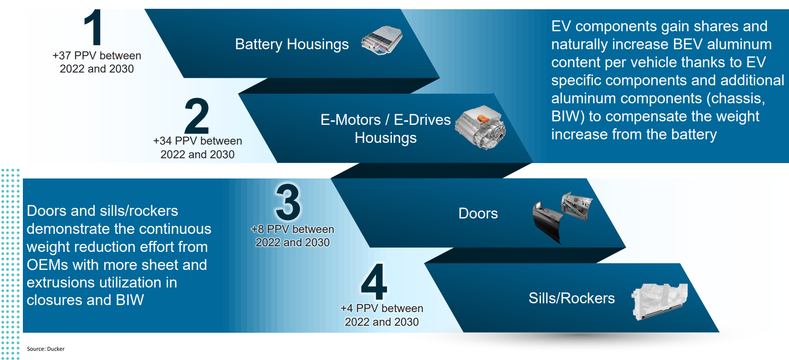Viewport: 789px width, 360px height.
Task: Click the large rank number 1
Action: pyautogui.click(x=93, y=27)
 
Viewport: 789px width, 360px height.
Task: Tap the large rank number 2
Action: pyautogui.click(x=197, y=116)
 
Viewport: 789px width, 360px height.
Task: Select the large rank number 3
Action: pyautogui.click(x=288, y=202)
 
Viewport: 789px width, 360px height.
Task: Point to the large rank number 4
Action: pyautogui.click(x=374, y=281)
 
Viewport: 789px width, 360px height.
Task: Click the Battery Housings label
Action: pyautogui.click(x=292, y=44)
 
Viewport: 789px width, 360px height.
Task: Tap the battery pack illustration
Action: pyautogui.click(x=381, y=40)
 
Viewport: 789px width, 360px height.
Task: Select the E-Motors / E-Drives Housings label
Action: pyautogui.click(x=386, y=129)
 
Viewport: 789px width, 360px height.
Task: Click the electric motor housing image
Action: pyautogui.click(x=480, y=127)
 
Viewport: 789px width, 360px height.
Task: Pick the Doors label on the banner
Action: pyautogui.click(x=478, y=214)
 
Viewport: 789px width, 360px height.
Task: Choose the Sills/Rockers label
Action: pyautogui.click(x=572, y=298)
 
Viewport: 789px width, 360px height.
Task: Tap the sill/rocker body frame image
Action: pyautogui.click(x=660, y=301)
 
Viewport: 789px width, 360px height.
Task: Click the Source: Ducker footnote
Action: pyautogui.click(x=46, y=349)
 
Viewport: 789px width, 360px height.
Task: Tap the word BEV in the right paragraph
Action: pyautogui.click(x=688, y=44)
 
